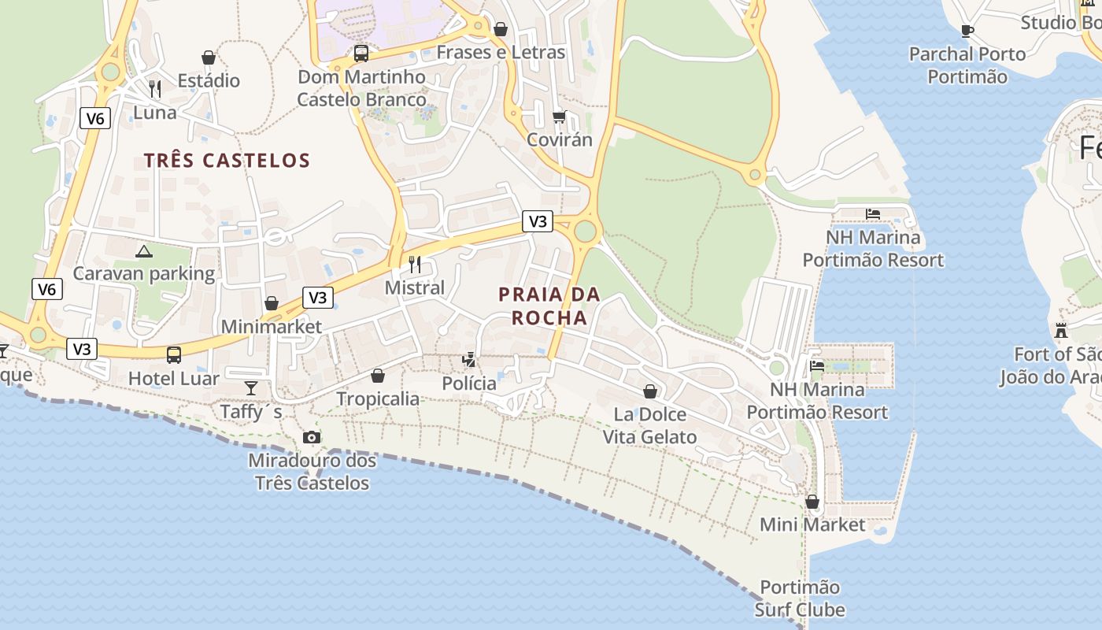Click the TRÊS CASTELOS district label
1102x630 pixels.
coord(227,161)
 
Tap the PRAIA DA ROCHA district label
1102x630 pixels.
coord(549,306)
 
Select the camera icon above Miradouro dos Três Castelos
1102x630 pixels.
coord(312,438)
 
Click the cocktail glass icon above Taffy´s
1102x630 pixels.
coord(251,387)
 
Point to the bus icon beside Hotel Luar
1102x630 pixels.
coord(174,355)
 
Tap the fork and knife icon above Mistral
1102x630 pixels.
coord(415,264)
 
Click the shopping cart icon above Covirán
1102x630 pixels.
coord(559,117)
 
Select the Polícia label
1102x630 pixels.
coord(469,384)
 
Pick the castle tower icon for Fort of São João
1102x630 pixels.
coord(1061,331)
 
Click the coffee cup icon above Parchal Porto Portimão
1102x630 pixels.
coord(967,31)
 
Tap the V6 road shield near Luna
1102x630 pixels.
coord(94,119)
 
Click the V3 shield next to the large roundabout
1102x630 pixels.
coord(538,221)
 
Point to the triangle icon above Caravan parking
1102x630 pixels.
coord(143,251)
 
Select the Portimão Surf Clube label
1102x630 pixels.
coord(800,598)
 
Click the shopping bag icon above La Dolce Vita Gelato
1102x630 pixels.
coord(650,391)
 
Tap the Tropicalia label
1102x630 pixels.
coord(378,398)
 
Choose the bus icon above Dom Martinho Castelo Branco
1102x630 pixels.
coord(361,54)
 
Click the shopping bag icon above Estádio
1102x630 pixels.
coord(209,57)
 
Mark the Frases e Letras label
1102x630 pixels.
coord(501,52)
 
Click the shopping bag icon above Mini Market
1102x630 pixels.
coord(812,502)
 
